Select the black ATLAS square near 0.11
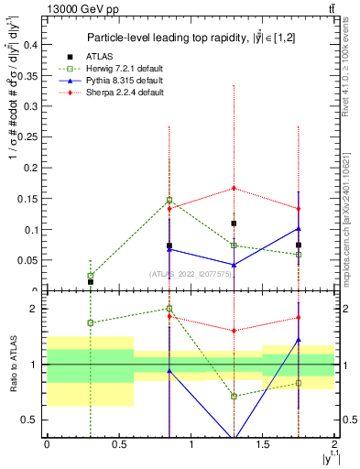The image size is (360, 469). point(234,224)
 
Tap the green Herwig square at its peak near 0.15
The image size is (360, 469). point(169,200)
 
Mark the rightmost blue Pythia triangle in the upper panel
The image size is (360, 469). point(299,228)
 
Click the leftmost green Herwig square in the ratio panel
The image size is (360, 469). point(90,322)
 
